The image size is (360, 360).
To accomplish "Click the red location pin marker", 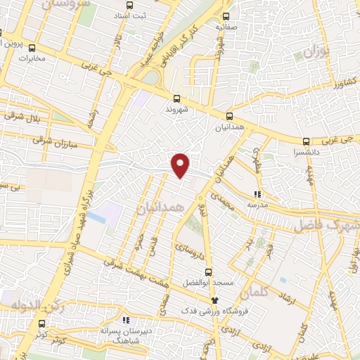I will pyautogui.click(x=181, y=165).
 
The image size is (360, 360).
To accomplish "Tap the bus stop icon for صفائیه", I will pyautogui.click(x=226, y=16).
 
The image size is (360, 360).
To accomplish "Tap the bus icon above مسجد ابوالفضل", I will pyautogui.click(x=207, y=271).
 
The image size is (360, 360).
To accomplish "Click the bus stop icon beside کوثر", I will pyautogui.click(x=42, y=324).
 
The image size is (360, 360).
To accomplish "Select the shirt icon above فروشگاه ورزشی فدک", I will pyautogui.click(x=205, y=300).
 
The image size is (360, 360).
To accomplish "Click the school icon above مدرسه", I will pyautogui.click(x=257, y=193).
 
